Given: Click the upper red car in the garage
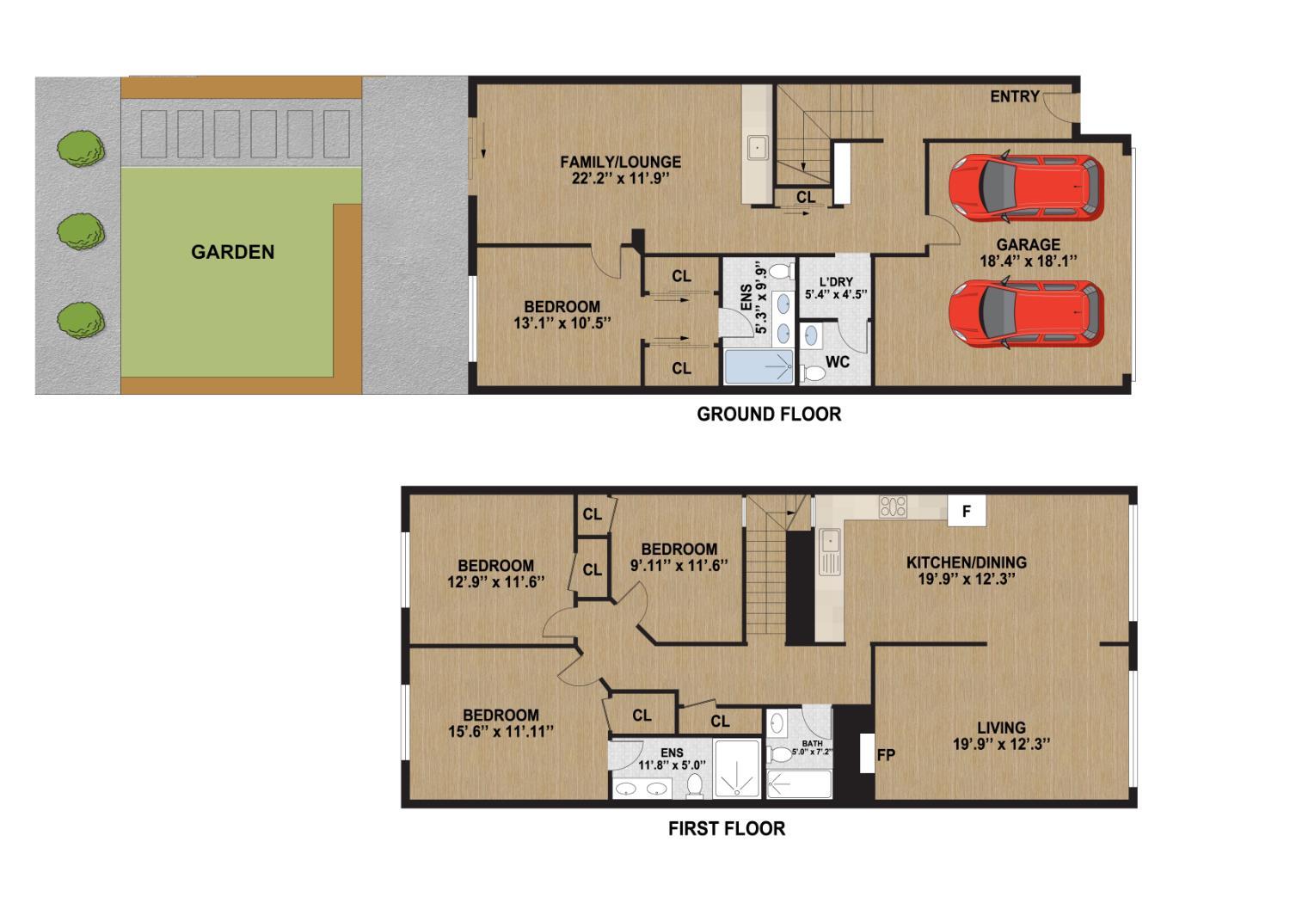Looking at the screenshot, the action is (x=1026, y=187).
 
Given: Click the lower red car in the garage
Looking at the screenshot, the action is (x=1026, y=314).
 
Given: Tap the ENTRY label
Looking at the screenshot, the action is (x=1015, y=96).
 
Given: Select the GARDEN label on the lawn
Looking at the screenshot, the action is (x=233, y=252).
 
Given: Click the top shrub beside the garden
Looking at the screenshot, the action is (x=81, y=149).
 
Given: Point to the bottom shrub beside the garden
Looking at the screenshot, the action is (x=81, y=320).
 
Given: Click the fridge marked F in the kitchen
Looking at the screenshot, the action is (x=967, y=510).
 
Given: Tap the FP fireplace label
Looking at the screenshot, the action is (x=886, y=754).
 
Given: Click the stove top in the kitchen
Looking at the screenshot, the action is (x=893, y=507).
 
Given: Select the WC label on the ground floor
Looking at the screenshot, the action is (x=838, y=362).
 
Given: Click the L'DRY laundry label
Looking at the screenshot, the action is (x=836, y=282).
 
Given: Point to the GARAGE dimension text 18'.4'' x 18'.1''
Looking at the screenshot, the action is (x=1028, y=261).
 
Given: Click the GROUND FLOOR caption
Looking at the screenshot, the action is (x=769, y=414).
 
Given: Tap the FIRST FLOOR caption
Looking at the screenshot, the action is (x=727, y=829).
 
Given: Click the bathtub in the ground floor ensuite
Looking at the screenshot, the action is (x=759, y=367).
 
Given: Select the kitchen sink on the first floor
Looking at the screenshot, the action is (x=830, y=552).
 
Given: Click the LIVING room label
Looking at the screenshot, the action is (x=1002, y=728).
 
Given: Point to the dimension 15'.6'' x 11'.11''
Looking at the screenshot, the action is (x=501, y=731).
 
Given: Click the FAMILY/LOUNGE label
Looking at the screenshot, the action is (x=620, y=162).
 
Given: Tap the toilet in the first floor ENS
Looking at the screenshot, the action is (x=695, y=785).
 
